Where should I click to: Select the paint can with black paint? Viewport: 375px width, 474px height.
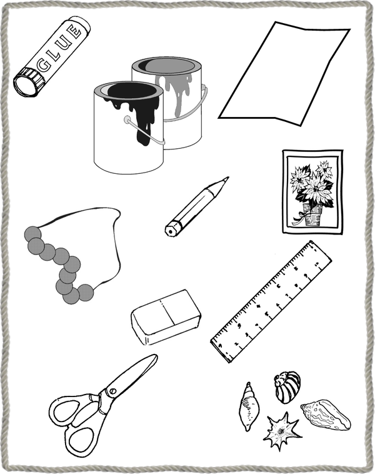pos(129,128)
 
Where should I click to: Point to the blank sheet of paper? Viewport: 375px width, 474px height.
pos(284,74)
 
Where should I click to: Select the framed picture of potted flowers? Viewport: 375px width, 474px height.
pos(312,191)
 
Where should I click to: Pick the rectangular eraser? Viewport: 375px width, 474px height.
pos(166,316)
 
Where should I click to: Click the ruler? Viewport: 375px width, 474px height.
pos(271,301)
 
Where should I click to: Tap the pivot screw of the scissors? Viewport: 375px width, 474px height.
pos(112,391)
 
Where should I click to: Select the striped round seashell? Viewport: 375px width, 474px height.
pos(287,387)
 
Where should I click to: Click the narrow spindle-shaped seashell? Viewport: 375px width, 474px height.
pos(249,406)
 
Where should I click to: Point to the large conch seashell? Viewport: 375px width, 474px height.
pos(326,415)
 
